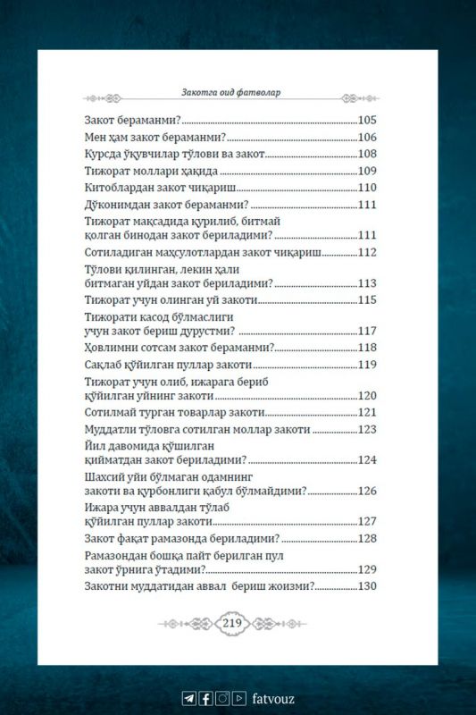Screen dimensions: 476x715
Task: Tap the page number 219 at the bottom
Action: (232, 623)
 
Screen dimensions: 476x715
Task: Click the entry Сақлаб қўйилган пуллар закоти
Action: (165, 365)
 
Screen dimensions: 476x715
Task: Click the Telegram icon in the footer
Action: (188, 699)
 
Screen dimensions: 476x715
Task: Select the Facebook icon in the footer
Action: (205, 699)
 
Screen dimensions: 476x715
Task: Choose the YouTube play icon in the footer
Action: (239, 699)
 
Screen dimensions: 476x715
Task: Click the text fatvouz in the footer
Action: (272, 699)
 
